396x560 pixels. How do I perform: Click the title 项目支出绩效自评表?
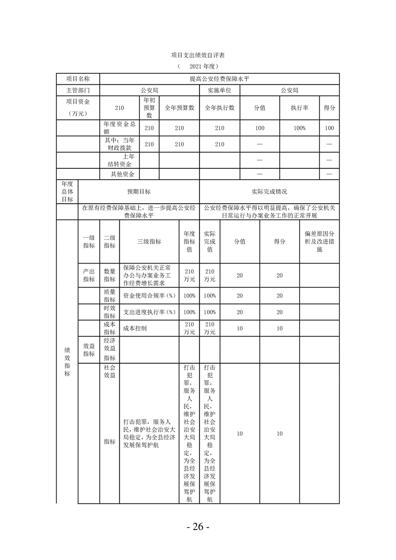pos(198,54)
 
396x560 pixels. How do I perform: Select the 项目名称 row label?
pos(78,79)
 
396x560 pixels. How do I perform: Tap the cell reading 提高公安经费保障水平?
pos(219,79)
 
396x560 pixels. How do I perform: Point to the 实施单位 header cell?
pos(219,90)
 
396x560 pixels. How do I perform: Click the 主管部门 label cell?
pos(78,90)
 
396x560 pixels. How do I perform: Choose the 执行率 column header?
pos(299,107)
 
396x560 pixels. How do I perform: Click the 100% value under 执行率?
pos(299,128)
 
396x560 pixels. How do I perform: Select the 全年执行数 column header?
pos(219,107)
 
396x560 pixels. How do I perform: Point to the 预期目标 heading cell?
pos(139,192)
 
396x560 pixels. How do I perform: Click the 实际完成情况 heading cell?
pos(269,192)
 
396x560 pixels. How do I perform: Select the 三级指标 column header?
pos(149,242)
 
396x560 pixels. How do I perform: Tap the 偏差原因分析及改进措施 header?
pos(319,242)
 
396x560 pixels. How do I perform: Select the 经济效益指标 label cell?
pos(109,349)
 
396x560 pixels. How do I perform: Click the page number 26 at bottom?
pos(198,527)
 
